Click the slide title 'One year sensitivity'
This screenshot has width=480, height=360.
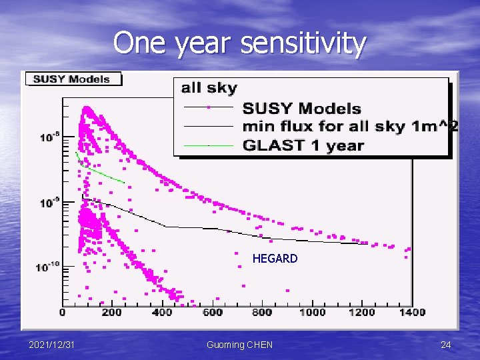click(x=240, y=44)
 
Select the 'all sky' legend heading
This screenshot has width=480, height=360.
click(x=209, y=88)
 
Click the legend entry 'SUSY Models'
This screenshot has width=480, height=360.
click(x=301, y=108)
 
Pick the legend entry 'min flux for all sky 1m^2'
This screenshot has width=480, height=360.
click(x=349, y=126)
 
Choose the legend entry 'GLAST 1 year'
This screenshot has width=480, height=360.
click(x=303, y=145)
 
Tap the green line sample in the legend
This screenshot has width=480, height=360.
click(x=208, y=145)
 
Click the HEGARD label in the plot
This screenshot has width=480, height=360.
click(x=275, y=259)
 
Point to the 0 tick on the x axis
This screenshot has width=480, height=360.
click(x=63, y=312)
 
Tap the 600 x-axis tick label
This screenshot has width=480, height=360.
click(x=212, y=312)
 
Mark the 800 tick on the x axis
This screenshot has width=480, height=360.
click(x=262, y=312)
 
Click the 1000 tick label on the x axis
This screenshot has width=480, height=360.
click(x=312, y=312)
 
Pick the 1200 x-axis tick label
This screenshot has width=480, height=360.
click(x=362, y=312)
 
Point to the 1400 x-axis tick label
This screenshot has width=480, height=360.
click(x=412, y=312)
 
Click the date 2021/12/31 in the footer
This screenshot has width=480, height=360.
click(x=52, y=345)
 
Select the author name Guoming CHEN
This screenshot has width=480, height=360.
click(x=239, y=345)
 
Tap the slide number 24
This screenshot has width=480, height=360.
click(x=445, y=345)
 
